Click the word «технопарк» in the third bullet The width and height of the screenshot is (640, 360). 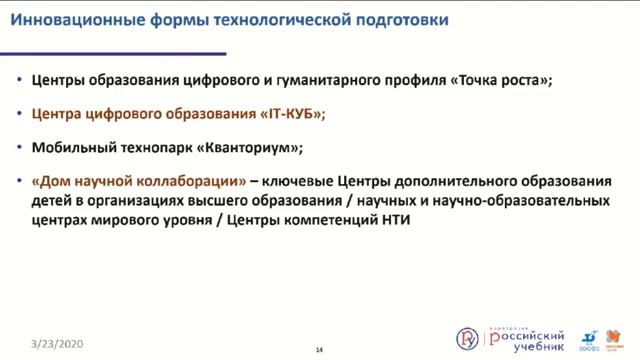157,147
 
